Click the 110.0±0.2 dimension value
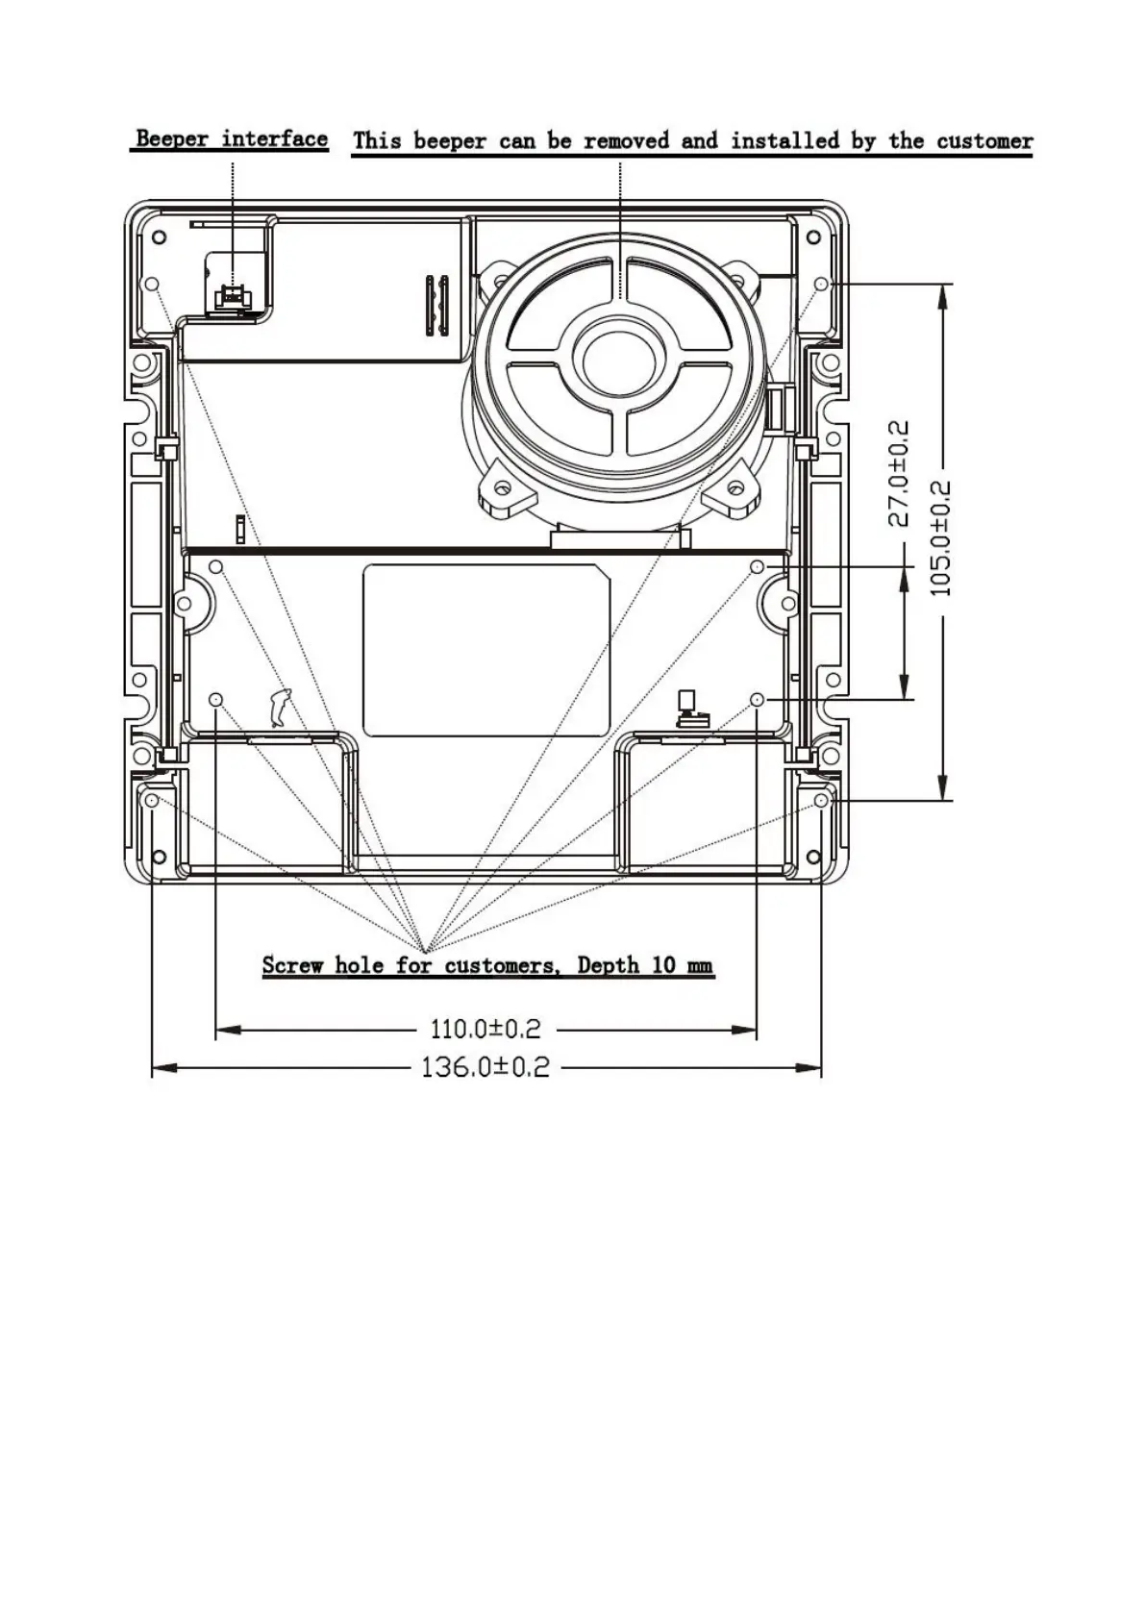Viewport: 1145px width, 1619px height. tap(485, 1029)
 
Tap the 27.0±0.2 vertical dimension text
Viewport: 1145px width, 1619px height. tap(899, 473)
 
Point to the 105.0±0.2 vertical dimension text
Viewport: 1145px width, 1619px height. tap(940, 537)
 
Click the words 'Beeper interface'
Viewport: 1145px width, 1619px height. tap(232, 138)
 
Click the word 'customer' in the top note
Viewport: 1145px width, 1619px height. tap(984, 141)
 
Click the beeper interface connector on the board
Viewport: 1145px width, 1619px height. tap(233, 295)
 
